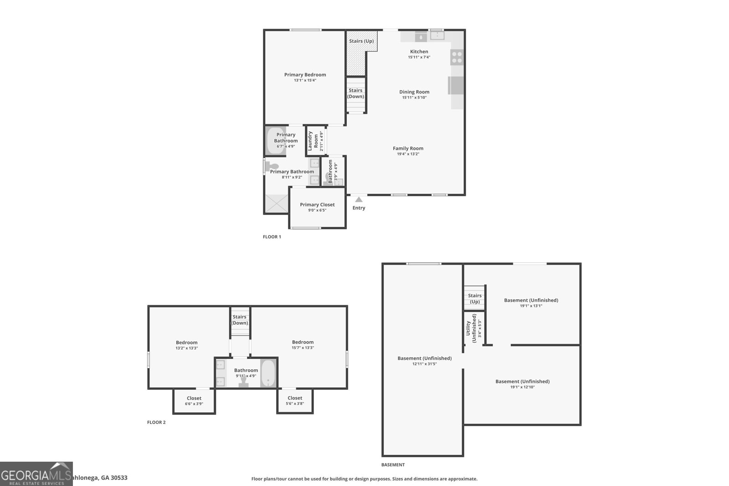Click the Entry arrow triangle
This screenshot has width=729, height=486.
pos(359,200)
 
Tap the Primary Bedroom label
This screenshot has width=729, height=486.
pos(305,75)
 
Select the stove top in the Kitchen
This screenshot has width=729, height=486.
pos(457,57)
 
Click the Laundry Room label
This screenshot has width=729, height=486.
pos(313,141)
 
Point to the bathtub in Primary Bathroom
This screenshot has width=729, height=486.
pos(276,141)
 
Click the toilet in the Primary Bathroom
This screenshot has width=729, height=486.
pos(272,166)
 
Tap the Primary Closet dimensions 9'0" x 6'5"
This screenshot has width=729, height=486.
pos(317,210)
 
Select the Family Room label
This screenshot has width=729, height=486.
pos(408,148)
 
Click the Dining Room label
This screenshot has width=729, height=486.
pos(414,92)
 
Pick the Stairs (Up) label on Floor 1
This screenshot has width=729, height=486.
pos(361,41)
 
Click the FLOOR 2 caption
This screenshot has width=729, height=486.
pos(156,423)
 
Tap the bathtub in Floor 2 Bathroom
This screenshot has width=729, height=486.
pos(268,373)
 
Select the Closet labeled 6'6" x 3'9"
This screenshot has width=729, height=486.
pos(194,401)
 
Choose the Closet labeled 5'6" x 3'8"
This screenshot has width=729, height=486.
pos(295,400)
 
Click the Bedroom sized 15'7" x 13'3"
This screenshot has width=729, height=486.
pos(303,345)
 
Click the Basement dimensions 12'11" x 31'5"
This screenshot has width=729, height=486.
pos(424,364)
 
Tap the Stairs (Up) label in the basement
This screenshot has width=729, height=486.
pos(474,298)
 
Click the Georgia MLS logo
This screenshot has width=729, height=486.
pos(36,474)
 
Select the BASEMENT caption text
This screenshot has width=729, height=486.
pos(393,465)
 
